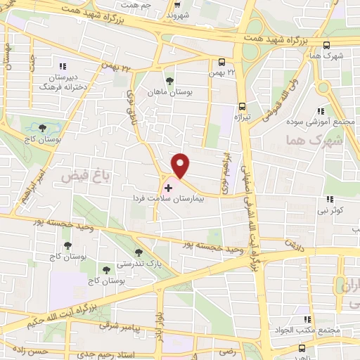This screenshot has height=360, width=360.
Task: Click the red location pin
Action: pos(181,165)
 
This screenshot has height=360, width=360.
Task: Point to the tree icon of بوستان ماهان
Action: pos(169,79)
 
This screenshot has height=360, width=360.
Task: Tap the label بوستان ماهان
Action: pos(169,91)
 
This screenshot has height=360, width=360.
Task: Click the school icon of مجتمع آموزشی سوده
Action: pos(320,110)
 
